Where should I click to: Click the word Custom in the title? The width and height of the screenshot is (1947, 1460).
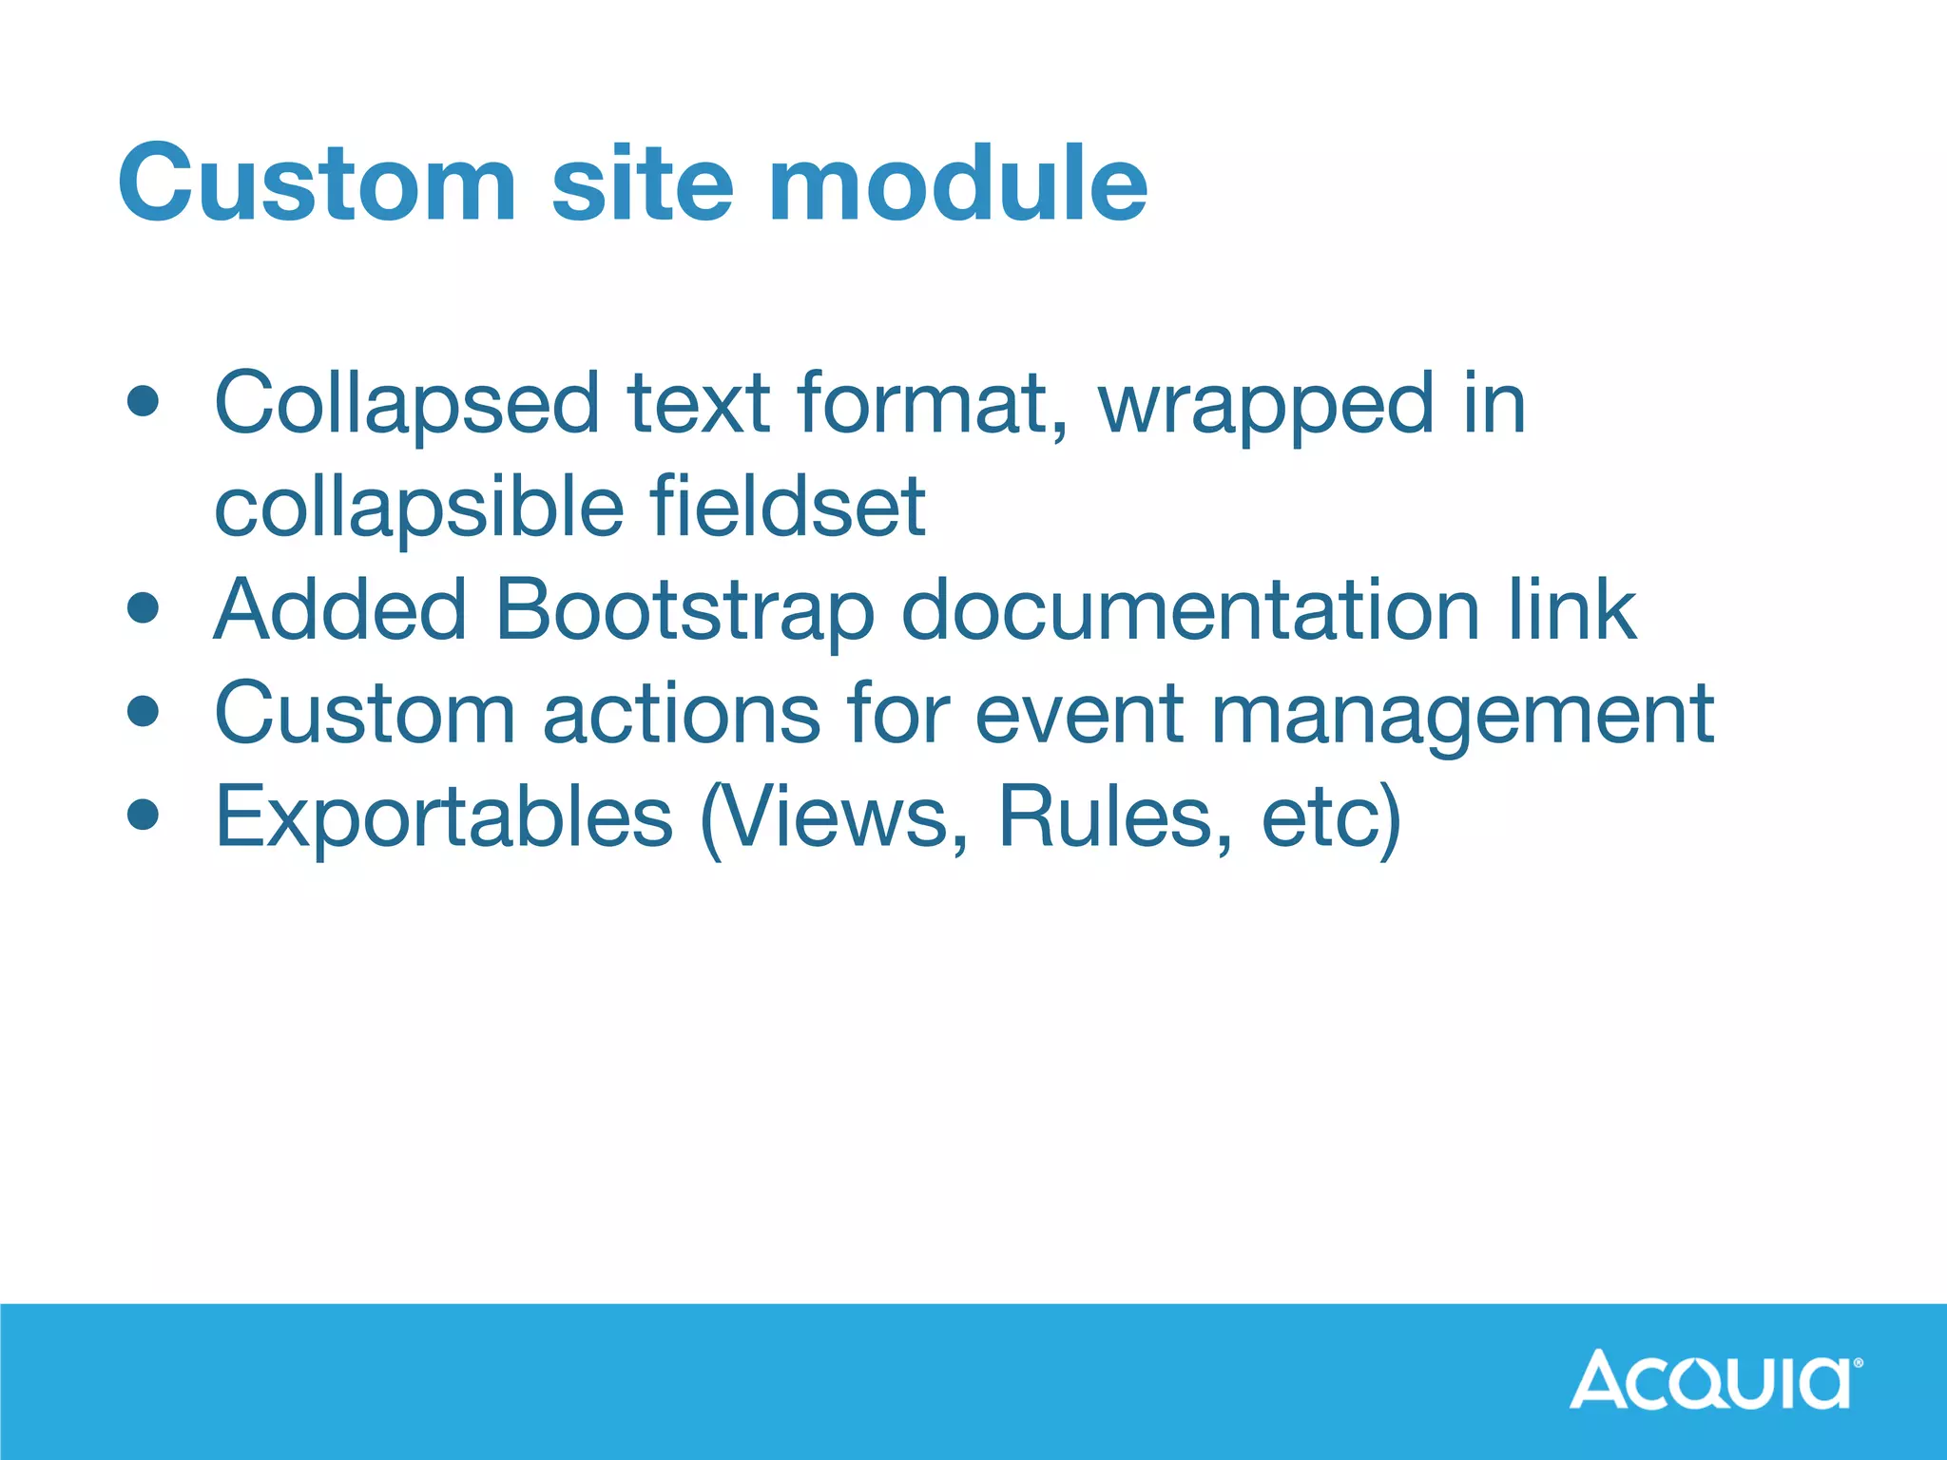[318, 182]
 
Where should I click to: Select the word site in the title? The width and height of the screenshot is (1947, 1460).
[643, 182]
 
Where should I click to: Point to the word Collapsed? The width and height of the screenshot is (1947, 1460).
[407, 405]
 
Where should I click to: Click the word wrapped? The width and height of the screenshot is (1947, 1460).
[1265, 405]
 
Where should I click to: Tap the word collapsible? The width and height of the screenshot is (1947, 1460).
[419, 508]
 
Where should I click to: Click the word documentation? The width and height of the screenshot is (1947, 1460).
[1189, 609]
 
